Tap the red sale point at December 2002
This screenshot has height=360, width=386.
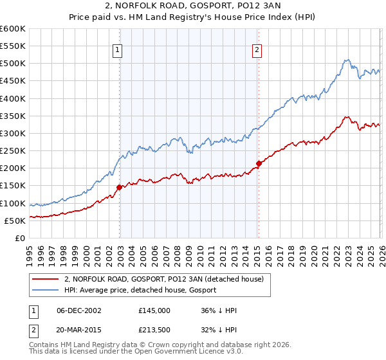pos(120,187)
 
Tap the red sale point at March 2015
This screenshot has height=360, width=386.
pos(259,163)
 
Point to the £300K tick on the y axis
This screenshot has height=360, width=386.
pos(13,133)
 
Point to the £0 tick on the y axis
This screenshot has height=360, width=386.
pos(19,238)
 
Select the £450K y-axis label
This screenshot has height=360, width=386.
pos(13,81)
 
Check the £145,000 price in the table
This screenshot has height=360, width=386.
pos(154,310)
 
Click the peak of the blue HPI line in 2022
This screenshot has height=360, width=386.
pos(346,60)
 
